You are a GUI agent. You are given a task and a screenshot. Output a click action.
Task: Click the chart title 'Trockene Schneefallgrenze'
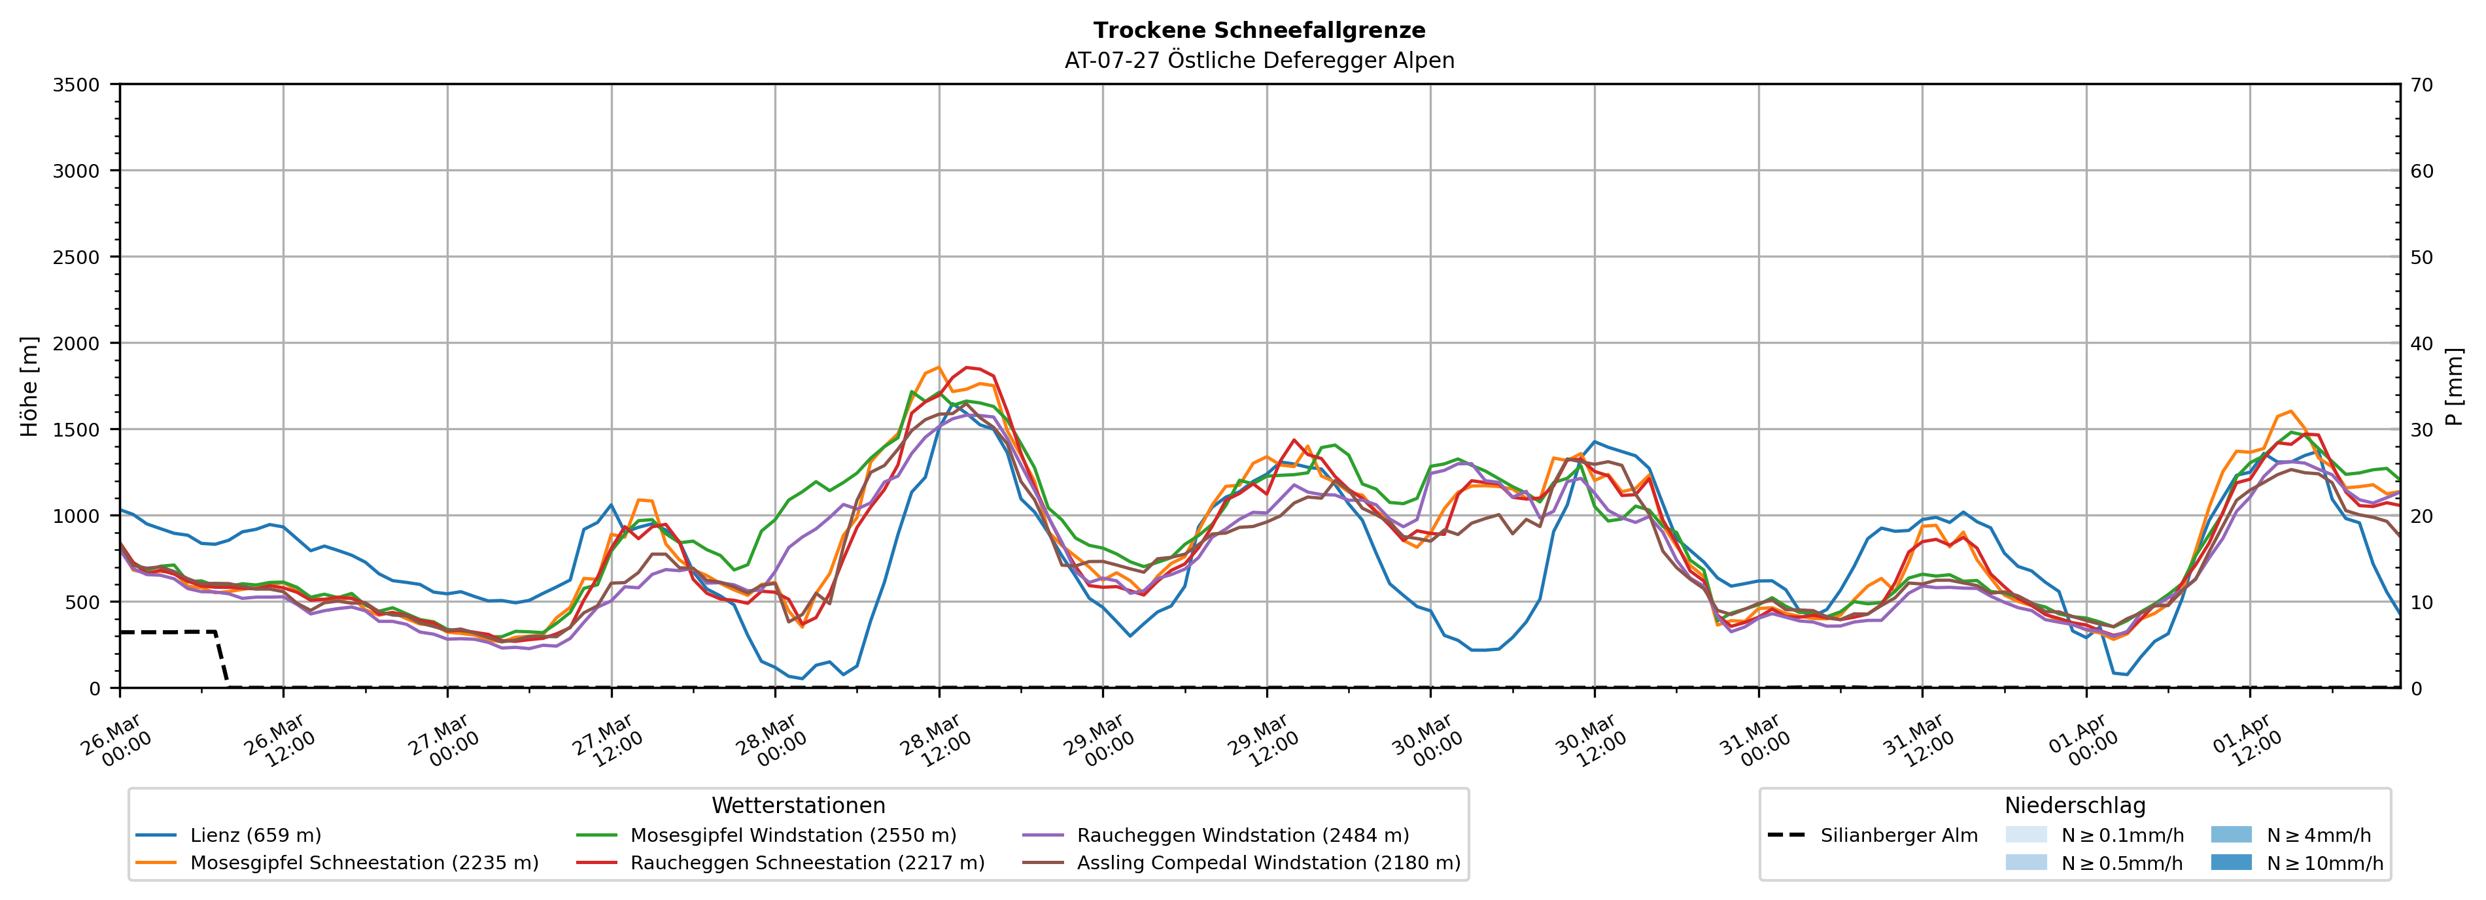pyautogui.click(x=1258, y=31)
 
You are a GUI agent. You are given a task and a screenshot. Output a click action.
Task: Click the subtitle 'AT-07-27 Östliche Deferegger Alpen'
pyautogui.click(x=1258, y=61)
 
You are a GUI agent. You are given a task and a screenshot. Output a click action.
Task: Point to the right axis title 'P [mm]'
pyautogui.click(x=2454, y=386)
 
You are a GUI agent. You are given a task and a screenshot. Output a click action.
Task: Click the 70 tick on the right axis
pyautogui.click(x=2421, y=85)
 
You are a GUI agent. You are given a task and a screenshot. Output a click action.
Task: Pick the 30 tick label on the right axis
pyautogui.click(x=2421, y=429)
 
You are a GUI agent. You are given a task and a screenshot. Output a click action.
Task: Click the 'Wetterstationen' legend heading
pyautogui.click(x=798, y=805)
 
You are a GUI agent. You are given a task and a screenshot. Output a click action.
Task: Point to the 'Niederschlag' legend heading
pyautogui.click(x=2075, y=805)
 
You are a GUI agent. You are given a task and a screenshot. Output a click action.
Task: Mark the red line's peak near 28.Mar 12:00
pyautogui.click(x=967, y=367)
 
